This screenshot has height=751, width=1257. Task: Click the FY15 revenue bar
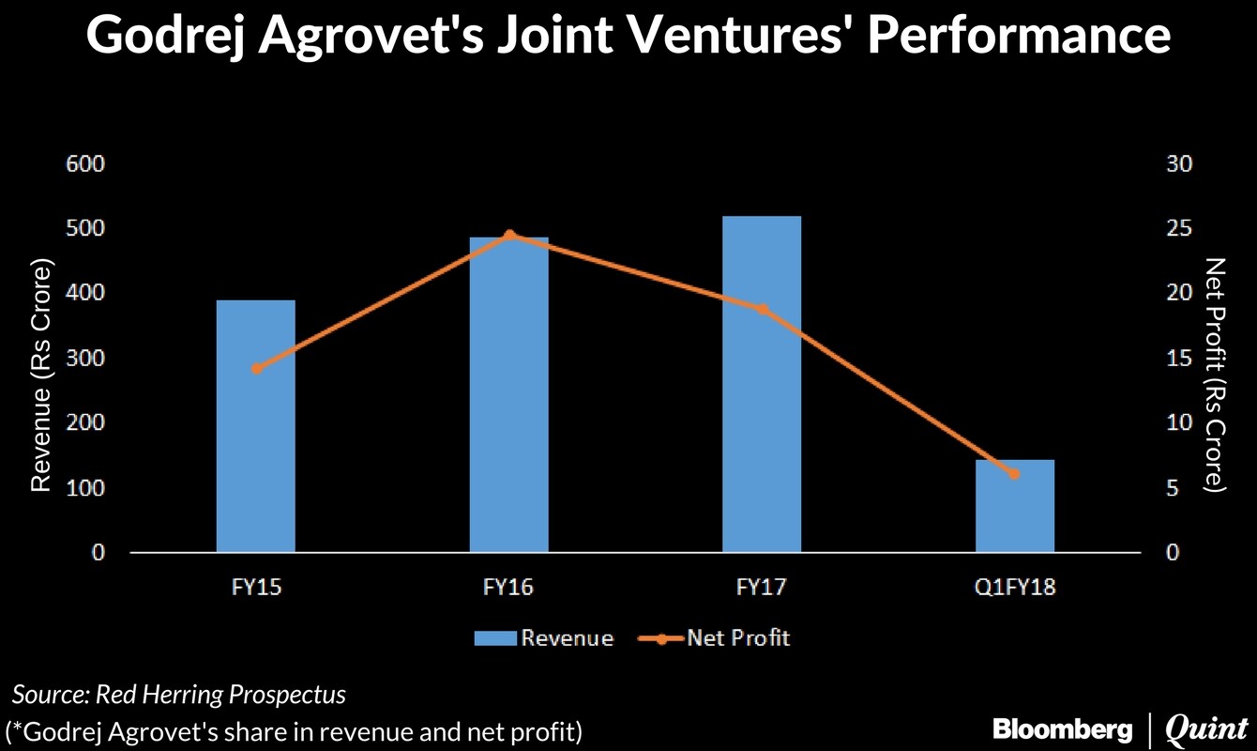(x=255, y=441)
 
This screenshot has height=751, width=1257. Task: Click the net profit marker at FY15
(x=257, y=368)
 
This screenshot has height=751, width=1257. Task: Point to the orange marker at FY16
(x=509, y=235)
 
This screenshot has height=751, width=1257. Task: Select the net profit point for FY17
(x=762, y=310)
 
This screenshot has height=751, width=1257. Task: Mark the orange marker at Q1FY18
(x=1014, y=473)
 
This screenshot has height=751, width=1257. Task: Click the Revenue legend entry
(x=544, y=638)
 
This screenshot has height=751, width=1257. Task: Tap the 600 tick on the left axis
(x=84, y=163)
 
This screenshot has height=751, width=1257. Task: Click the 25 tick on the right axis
(x=1178, y=228)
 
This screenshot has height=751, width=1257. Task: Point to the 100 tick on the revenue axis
(x=84, y=488)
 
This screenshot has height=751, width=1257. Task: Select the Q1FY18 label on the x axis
(x=1015, y=589)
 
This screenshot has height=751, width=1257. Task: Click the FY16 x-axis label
(x=508, y=589)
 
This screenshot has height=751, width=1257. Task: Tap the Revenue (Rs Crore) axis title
(x=39, y=375)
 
